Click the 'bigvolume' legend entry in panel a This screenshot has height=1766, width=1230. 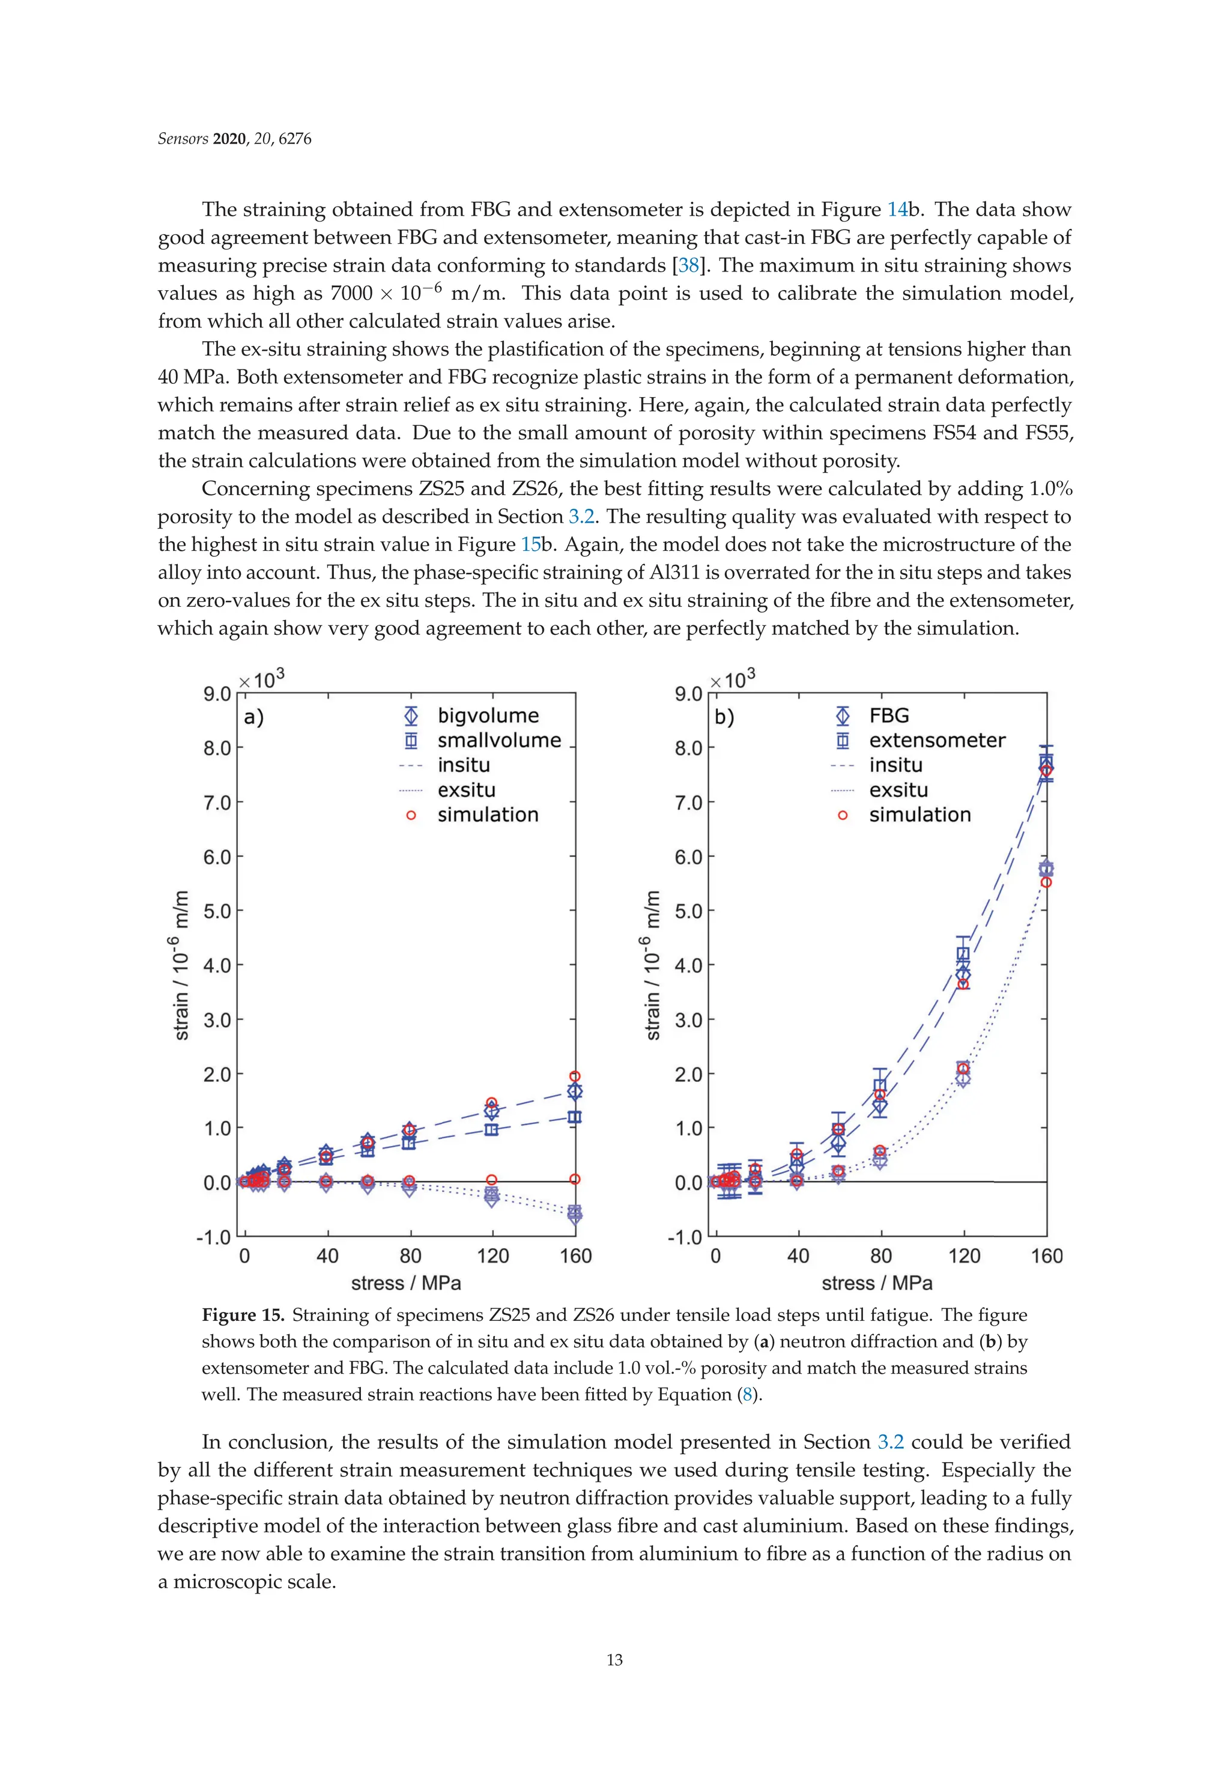click(x=488, y=715)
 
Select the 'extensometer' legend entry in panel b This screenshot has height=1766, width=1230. click(x=936, y=740)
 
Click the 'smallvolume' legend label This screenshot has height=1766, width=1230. click(x=498, y=740)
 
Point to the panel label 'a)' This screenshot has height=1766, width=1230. click(x=254, y=718)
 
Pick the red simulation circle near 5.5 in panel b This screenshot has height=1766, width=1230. click(x=1046, y=882)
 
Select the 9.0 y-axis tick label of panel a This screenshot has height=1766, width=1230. click(x=217, y=694)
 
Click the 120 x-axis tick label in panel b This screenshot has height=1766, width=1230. click(x=964, y=1256)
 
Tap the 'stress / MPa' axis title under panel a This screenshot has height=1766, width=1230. click(x=406, y=1283)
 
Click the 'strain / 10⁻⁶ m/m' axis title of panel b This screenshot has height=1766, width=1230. click(x=652, y=965)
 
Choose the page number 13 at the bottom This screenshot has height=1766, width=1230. click(x=614, y=1660)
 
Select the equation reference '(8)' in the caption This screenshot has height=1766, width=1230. click(x=747, y=1395)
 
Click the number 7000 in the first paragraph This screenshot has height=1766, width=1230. click(x=351, y=294)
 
